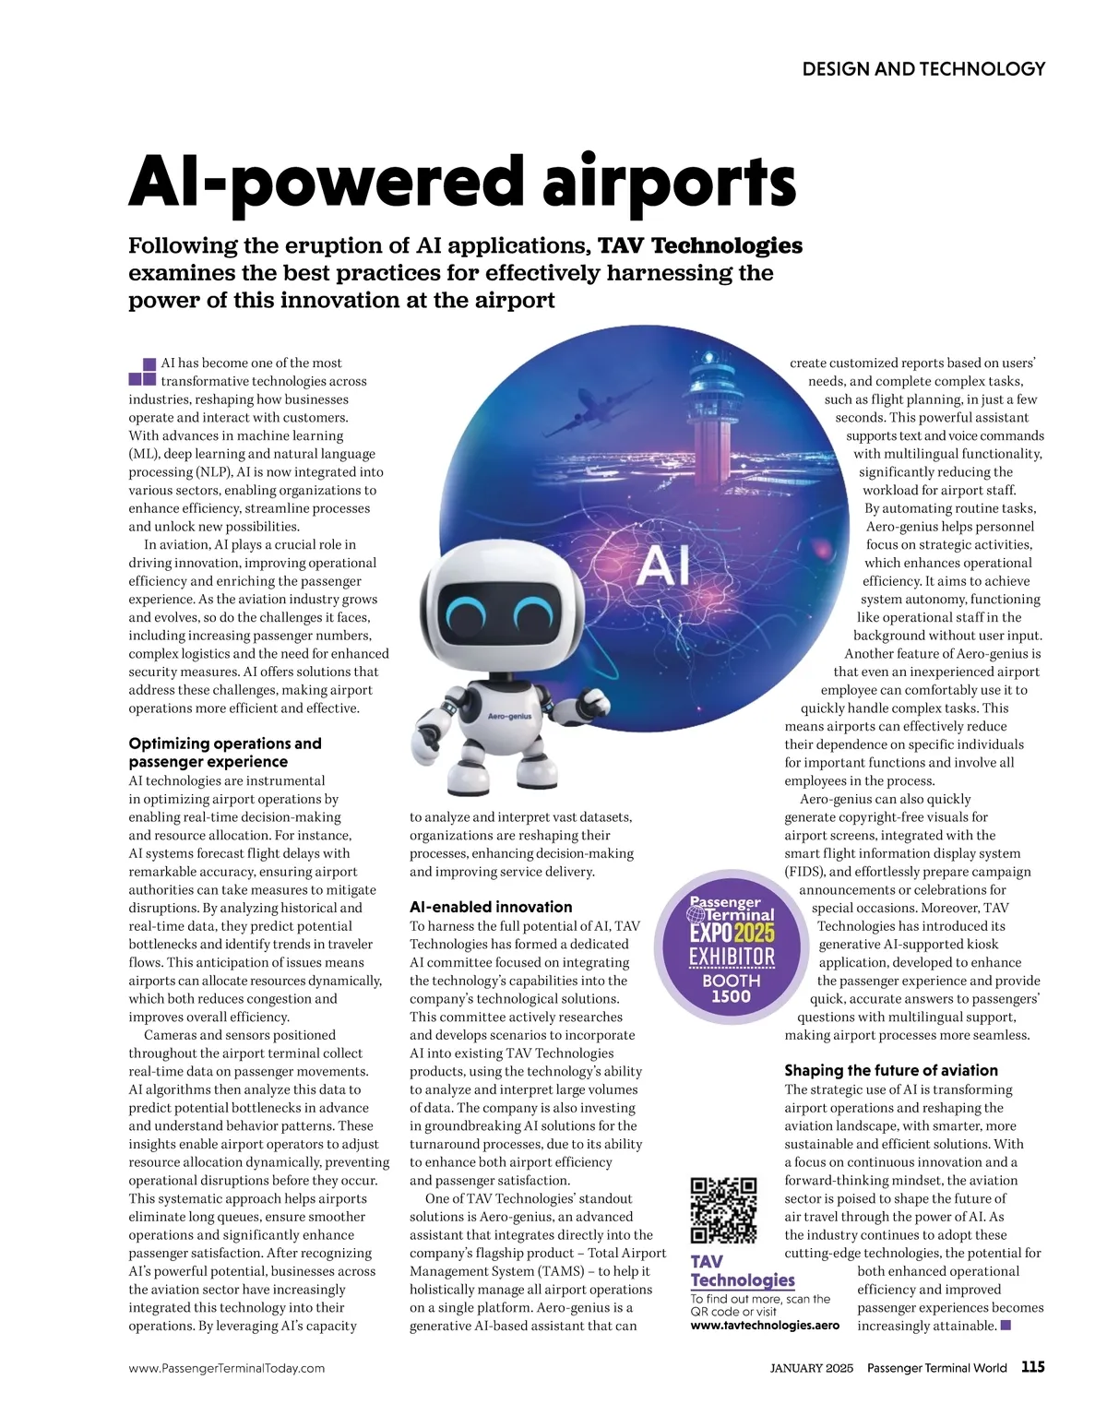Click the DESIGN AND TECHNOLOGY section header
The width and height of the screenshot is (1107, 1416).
(923, 69)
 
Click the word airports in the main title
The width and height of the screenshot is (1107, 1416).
(669, 182)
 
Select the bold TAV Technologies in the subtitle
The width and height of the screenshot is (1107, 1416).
(700, 246)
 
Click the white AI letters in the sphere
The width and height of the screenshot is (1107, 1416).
(662, 565)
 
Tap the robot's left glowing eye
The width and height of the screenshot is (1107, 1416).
(467, 613)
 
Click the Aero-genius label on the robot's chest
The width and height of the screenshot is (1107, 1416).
(509, 716)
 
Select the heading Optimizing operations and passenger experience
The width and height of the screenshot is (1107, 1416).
(225, 753)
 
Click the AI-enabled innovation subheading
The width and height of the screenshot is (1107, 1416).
(491, 908)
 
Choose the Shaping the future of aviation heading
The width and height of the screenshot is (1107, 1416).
(891, 1071)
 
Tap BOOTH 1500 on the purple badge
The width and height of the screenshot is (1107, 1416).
(732, 988)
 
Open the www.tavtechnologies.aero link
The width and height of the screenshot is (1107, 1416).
(765, 1326)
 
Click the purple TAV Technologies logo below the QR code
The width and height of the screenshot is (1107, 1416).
(742, 1271)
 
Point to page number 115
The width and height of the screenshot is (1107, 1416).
(1032, 1367)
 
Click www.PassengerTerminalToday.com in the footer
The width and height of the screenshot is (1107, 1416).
(226, 1369)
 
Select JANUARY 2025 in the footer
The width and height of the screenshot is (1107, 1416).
(811, 1369)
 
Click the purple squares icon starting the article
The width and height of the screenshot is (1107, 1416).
(142, 372)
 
